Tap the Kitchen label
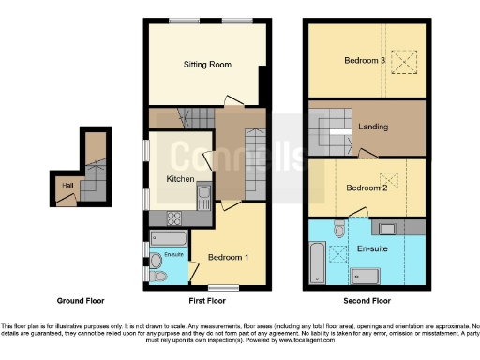(180, 179)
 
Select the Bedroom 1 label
(227, 257)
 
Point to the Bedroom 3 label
(364, 61)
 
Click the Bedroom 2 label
(367, 187)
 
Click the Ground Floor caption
(81, 302)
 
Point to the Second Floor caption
(367, 302)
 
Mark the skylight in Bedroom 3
(404, 63)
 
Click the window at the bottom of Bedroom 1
(222, 287)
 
